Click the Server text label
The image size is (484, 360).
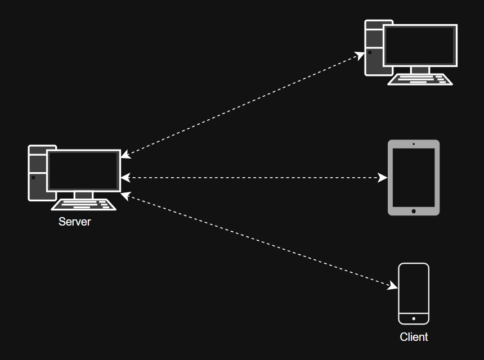click(x=74, y=222)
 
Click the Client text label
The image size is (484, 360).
click(x=414, y=337)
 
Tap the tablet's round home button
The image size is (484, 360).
click(x=414, y=211)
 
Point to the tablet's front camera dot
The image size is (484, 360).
click(x=414, y=144)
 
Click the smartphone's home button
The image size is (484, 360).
click(x=414, y=318)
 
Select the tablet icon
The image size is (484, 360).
click(x=414, y=177)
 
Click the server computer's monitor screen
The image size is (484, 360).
click(x=84, y=170)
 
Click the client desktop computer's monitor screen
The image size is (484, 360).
click(x=419, y=46)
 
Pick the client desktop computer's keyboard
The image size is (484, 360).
click(x=420, y=79)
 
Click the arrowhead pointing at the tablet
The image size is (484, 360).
click(x=383, y=178)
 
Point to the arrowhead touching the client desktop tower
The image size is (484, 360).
click(x=361, y=55)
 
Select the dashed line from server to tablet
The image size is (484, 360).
click(x=253, y=178)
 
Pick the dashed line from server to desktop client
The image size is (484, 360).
click(x=242, y=105)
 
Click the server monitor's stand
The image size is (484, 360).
click(x=83, y=195)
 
